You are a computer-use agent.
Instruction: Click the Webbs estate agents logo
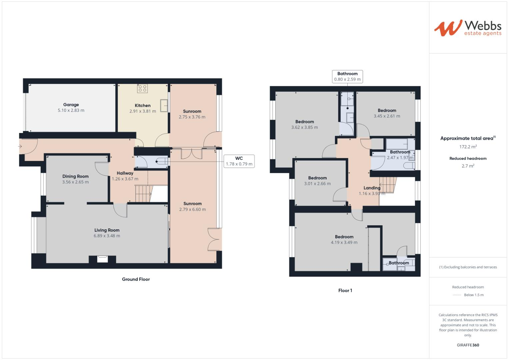pyautogui.click(x=467, y=28)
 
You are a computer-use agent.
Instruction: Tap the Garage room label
pyautogui.click(x=71, y=105)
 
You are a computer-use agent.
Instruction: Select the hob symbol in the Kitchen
pyautogui.click(x=143, y=88)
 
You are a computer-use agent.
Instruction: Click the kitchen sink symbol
pyautogui.click(x=164, y=106)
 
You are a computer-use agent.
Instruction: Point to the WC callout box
pyautogui.click(x=239, y=161)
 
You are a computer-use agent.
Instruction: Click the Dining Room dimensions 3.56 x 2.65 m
pyautogui.click(x=75, y=182)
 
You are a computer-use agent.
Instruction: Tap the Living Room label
pyautogui.click(x=107, y=230)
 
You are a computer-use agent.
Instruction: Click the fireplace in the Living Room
pyautogui.click(x=103, y=258)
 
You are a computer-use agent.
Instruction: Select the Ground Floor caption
pyautogui.click(x=136, y=279)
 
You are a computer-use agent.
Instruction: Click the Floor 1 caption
pyautogui.click(x=345, y=291)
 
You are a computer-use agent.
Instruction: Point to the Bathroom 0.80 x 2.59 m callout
pyautogui.click(x=347, y=77)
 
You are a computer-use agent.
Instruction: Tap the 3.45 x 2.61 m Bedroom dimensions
pyautogui.click(x=387, y=116)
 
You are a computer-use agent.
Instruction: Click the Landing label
pyautogui.click(x=372, y=188)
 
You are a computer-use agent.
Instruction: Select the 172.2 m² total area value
pyautogui.click(x=468, y=147)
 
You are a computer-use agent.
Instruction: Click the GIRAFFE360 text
pyautogui.click(x=468, y=345)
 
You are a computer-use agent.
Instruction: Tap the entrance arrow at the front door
pyautogui.click(x=20, y=146)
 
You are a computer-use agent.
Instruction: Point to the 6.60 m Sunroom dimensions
pyautogui.click(x=192, y=210)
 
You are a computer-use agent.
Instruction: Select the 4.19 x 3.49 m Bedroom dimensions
pyautogui.click(x=344, y=243)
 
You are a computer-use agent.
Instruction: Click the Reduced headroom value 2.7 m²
pyautogui.click(x=468, y=166)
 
